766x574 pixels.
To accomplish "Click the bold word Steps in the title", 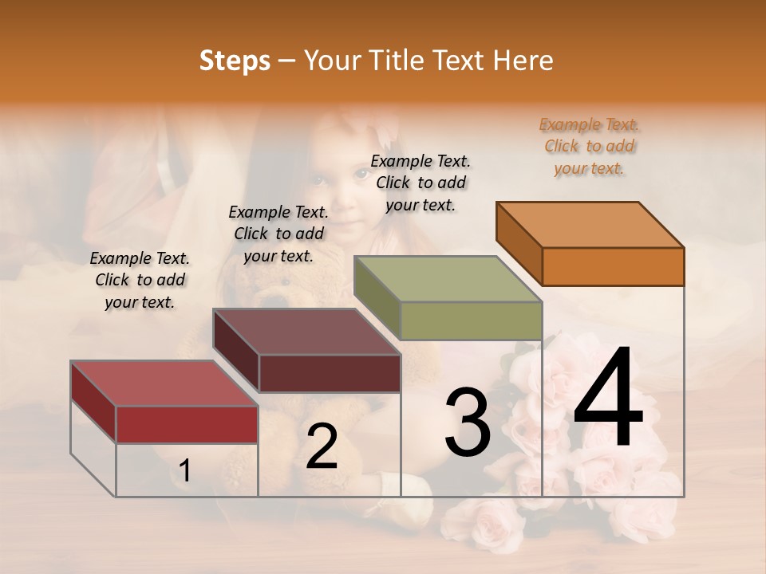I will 235,61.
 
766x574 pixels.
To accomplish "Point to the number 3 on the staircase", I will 467,422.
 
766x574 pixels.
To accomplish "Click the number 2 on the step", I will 322,446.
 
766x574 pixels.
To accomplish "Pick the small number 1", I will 184,471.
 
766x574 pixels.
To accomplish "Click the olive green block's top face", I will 448,279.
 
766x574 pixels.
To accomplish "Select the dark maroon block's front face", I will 330,373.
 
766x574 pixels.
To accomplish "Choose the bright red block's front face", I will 187,424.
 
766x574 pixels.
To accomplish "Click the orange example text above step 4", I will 590,147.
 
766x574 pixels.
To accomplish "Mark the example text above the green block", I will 421,183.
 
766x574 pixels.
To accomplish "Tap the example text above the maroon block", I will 278,234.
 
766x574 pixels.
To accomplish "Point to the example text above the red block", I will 140,280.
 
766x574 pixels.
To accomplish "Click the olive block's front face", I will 471,320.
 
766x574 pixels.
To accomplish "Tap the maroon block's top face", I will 306,332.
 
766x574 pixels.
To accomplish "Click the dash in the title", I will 286,61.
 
